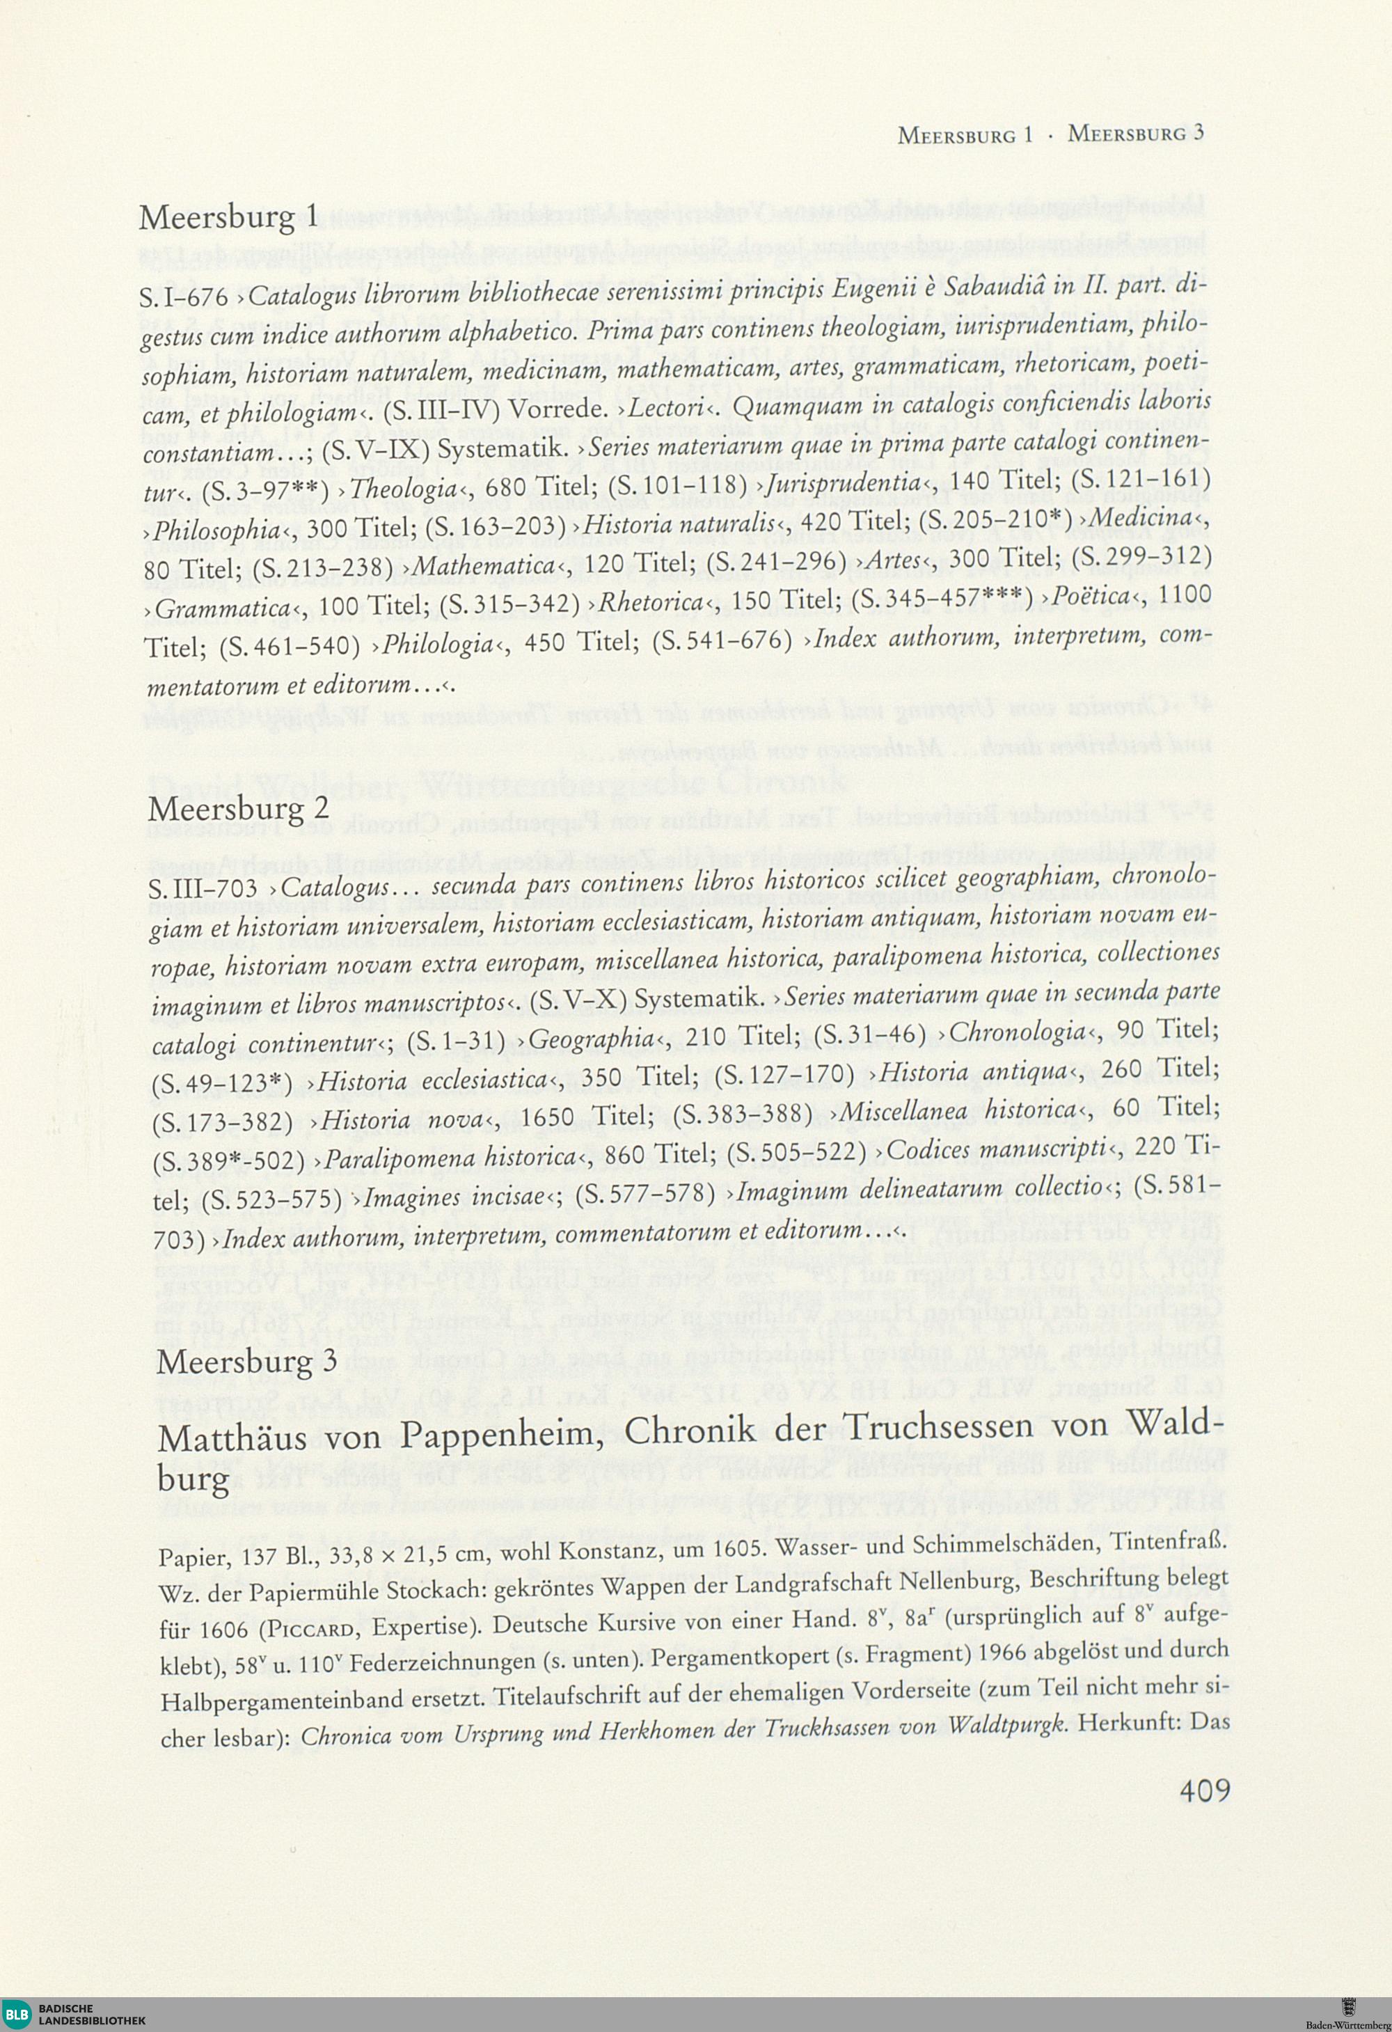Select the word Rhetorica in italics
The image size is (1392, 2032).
tap(651, 602)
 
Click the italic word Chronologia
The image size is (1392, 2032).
tap(1018, 1032)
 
